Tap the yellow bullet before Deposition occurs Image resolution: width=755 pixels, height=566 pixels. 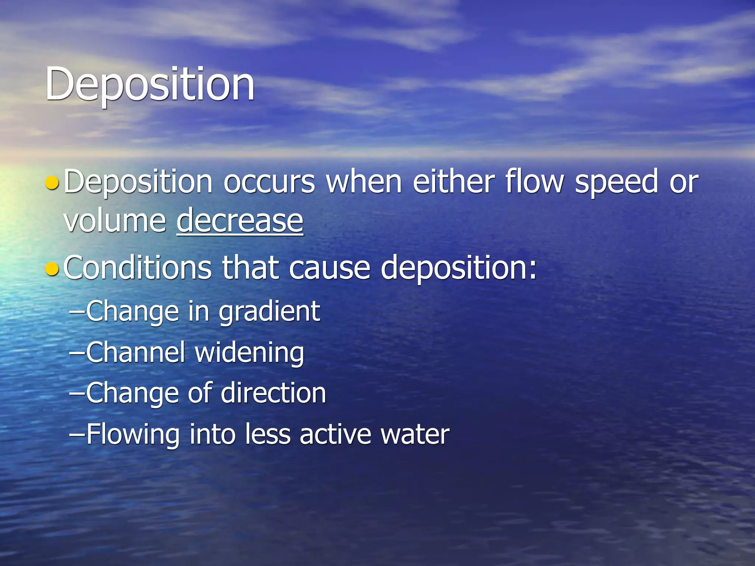coord(52,182)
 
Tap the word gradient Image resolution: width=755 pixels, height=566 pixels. coord(269,312)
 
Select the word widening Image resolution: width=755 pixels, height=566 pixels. coord(249,353)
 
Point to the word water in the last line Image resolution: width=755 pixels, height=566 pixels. coord(415,434)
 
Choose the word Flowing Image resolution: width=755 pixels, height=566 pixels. coord(133,434)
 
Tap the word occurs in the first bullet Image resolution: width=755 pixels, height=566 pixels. coord(269,182)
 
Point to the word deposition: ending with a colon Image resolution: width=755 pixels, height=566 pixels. coord(459,268)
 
